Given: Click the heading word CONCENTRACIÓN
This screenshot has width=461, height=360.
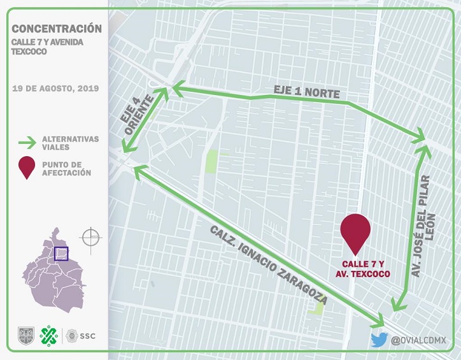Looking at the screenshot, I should coord(57,29).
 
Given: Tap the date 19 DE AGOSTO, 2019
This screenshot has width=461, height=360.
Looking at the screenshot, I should coord(55,89).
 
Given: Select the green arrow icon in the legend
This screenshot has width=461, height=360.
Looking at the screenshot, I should coord(26,142).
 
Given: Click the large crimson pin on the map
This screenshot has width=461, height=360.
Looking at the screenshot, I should coord(355,233).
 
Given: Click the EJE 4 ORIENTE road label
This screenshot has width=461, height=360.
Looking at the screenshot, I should coord(138,116).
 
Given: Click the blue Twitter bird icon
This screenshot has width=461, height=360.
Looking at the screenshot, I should coord(379,340).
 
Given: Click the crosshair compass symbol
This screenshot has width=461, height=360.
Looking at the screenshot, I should coord(90,237).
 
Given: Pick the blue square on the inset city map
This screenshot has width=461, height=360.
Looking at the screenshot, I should coord(61,254).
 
